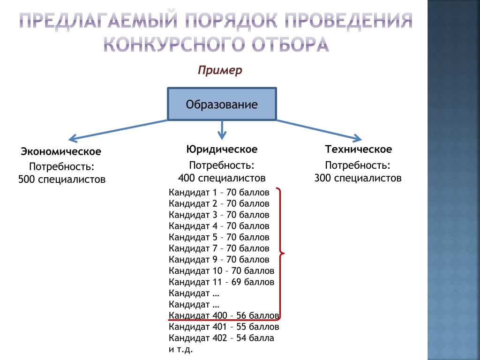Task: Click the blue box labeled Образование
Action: [x=222, y=104]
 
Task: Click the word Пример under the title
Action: [x=220, y=70]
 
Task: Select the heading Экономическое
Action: [x=61, y=151]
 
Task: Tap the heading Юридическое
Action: [x=222, y=149]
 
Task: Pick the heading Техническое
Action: [x=359, y=149]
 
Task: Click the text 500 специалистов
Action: [x=62, y=180]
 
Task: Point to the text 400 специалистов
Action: [x=222, y=178]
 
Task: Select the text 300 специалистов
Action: [x=358, y=178]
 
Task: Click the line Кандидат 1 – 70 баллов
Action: [x=219, y=192]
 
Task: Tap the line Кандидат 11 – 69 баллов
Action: [x=221, y=282]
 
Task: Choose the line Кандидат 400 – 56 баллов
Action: [x=224, y=315]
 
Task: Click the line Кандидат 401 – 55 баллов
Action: [x=224, y=326]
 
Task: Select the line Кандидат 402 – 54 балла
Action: [x=221, y=338]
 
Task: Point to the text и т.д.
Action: [x=181, y=349]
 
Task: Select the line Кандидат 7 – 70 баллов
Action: [x=219, y=248]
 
